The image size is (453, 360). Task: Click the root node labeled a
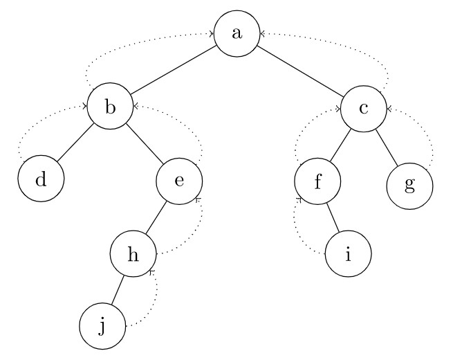(237, 33)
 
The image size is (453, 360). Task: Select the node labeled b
(110, 107)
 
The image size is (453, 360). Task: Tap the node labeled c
(364, 107)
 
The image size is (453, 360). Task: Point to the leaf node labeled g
(409, 186)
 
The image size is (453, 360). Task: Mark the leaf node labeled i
(348, 254)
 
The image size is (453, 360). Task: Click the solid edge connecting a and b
(174, 70)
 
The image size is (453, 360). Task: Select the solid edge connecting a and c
(301, 70)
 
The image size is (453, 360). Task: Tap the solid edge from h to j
(118, 289)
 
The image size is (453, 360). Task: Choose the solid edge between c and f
(341, 145)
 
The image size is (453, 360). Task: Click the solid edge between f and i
(333, 218)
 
